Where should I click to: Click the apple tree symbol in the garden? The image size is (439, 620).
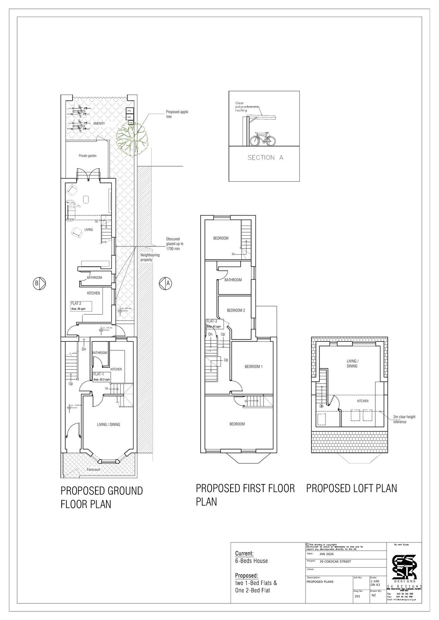click(134, 136)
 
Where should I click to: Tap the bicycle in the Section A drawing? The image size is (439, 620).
click(263, 139)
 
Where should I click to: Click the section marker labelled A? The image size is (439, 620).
click(165, 283)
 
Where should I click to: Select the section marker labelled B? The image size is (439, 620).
click(39, 283)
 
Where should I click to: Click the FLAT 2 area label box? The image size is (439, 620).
click(80, 306)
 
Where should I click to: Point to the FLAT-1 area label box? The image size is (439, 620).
click(102, 377)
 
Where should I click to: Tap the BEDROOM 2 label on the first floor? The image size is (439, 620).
click(236, 310)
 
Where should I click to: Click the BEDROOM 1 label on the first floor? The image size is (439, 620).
click(253, 367)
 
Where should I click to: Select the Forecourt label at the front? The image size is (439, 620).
click(94, 469)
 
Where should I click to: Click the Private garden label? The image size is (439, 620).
click(88, 156)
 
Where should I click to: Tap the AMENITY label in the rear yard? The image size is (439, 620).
click(99, 124)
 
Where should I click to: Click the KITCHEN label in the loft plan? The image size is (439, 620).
click(363, 401)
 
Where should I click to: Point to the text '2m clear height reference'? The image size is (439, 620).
click(404, 419)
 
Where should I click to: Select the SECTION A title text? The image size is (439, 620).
click(265, 158)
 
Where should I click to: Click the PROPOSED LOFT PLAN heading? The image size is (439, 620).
click(351, 488)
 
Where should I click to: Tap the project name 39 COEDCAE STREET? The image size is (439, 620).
click(335, 561)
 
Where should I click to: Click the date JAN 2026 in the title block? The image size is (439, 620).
click(326, 554)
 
